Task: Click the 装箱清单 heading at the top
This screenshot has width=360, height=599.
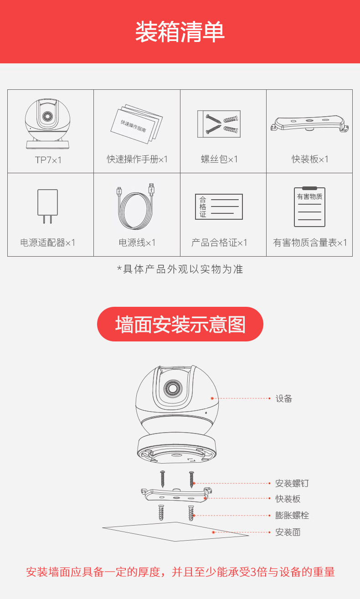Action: (180, 31)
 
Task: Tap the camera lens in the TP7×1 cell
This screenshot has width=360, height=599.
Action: (47, 116)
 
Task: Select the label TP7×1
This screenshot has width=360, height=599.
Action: (48, 160)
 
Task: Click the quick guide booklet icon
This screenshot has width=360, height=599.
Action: (137, 124)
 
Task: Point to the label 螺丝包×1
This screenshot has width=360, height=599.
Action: (219, 159)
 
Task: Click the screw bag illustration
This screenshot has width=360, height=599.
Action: (219, 124)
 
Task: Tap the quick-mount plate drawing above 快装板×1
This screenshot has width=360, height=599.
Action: (309, 123)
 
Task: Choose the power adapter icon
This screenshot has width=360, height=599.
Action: (47, 206)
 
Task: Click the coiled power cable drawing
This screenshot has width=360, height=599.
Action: (136, 206)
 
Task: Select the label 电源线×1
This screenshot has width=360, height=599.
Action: (137, 243)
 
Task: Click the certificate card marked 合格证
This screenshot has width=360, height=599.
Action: (219, 207)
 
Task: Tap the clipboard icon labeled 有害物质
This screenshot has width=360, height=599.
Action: (309, 207)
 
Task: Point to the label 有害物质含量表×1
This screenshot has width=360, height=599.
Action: (310, 243)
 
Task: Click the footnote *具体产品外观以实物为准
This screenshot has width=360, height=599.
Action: (180, 269)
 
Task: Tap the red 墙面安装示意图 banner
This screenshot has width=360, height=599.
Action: (180, 324)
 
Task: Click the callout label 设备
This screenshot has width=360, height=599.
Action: (284, 398)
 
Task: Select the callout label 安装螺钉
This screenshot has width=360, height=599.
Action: (292, 483)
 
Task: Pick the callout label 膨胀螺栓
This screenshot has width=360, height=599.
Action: (292, 515)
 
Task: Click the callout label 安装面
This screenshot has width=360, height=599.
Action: (288, 532)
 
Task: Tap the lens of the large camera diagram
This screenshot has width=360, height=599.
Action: (173, 388)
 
